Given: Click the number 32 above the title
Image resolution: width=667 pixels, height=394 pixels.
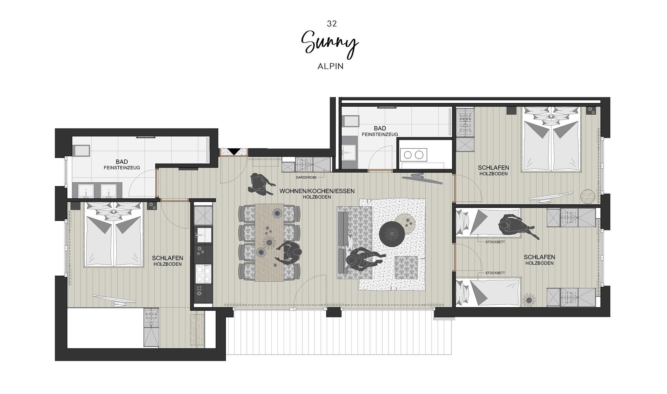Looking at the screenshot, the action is pyautogui.click(x=332, y=23).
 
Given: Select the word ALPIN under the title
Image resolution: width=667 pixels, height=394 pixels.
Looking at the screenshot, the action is pyautogui.click(x=331, y=66).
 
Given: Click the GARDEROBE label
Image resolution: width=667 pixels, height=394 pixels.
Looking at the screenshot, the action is pyautogui.click(x=306, y=177).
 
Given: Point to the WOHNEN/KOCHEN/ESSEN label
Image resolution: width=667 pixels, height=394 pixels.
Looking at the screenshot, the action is pyautogui.click(x=317, y=191).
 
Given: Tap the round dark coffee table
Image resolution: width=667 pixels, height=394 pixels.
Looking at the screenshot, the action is pyautogui.click(x=392, y=234).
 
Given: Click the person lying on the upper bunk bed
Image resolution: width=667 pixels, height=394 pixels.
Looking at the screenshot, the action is pyautogui.click(x=515, y=226).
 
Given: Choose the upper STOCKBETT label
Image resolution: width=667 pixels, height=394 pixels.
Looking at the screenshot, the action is pyautogui.click(x=495, y=242).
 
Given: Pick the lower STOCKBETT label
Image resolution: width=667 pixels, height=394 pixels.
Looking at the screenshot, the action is pyautogui.click(x=495, y=273).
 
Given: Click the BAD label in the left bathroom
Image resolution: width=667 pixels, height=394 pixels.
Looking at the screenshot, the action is pyautogui.click(x=122, y=162).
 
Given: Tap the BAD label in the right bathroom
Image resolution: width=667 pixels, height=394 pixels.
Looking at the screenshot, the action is pyautogui.click(x=380, y=128).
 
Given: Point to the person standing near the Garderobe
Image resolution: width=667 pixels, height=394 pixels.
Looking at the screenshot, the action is pyautogui.click(x=260, y=184).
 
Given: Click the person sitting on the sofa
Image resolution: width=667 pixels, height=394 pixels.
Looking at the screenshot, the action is pyautogui.click(x=363, y=259).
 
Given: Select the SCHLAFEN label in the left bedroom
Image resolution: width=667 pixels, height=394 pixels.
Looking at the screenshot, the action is pyautogui.click(x=167, y=258).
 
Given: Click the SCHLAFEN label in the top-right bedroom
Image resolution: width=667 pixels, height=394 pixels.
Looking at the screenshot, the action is pyautogui.click(x=493, y=168).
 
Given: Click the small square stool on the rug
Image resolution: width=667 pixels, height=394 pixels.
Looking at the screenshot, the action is pyautogui.click(x=406, y=268).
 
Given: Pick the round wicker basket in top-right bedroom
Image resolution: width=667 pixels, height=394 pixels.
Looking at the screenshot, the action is pyautogui.click(x=588, y=197).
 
